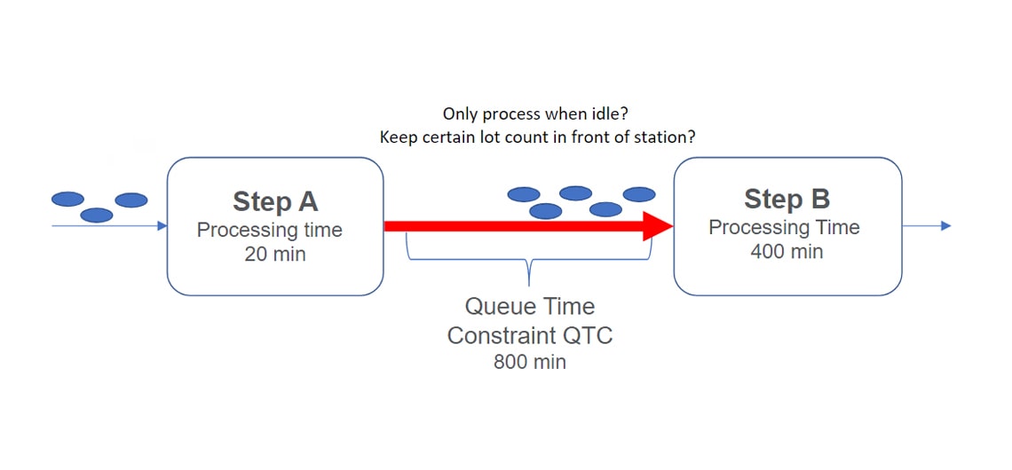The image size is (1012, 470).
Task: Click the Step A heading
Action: [275, 202]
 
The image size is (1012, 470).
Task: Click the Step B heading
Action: [787, 200]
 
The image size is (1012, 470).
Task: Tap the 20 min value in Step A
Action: [275, 255]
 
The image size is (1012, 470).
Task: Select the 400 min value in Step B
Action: [787, 252]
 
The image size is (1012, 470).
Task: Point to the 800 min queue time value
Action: [530, 362]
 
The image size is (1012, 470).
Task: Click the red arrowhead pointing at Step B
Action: [659, 226]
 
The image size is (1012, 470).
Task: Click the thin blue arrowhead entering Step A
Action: [162, 225]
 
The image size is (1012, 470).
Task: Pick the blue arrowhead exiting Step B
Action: [946, 225]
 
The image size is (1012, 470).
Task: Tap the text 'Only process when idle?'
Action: [535, 114]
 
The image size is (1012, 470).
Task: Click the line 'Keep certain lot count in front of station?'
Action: [537, 138]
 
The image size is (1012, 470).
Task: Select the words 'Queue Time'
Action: [530, 306]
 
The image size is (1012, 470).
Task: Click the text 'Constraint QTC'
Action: [530, 335]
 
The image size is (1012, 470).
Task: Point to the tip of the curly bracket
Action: [529, 285]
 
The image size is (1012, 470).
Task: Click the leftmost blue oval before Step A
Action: [67, 200]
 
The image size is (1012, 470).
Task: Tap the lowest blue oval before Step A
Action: [97, 215]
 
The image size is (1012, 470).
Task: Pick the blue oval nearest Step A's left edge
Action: [131, 200]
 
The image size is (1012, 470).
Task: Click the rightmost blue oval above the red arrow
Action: [639, 194]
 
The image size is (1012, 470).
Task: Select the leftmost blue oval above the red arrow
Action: [524, 194]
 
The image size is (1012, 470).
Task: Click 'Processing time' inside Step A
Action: [270, 231]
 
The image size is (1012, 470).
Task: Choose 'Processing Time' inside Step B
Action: [784, 228]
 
